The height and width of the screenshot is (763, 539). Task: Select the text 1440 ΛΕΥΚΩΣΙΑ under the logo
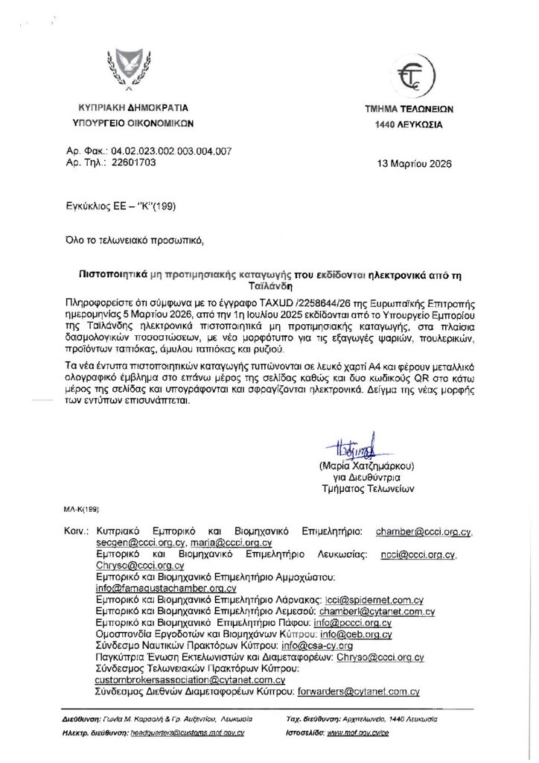pyautogui.click(x=409, y=125)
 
